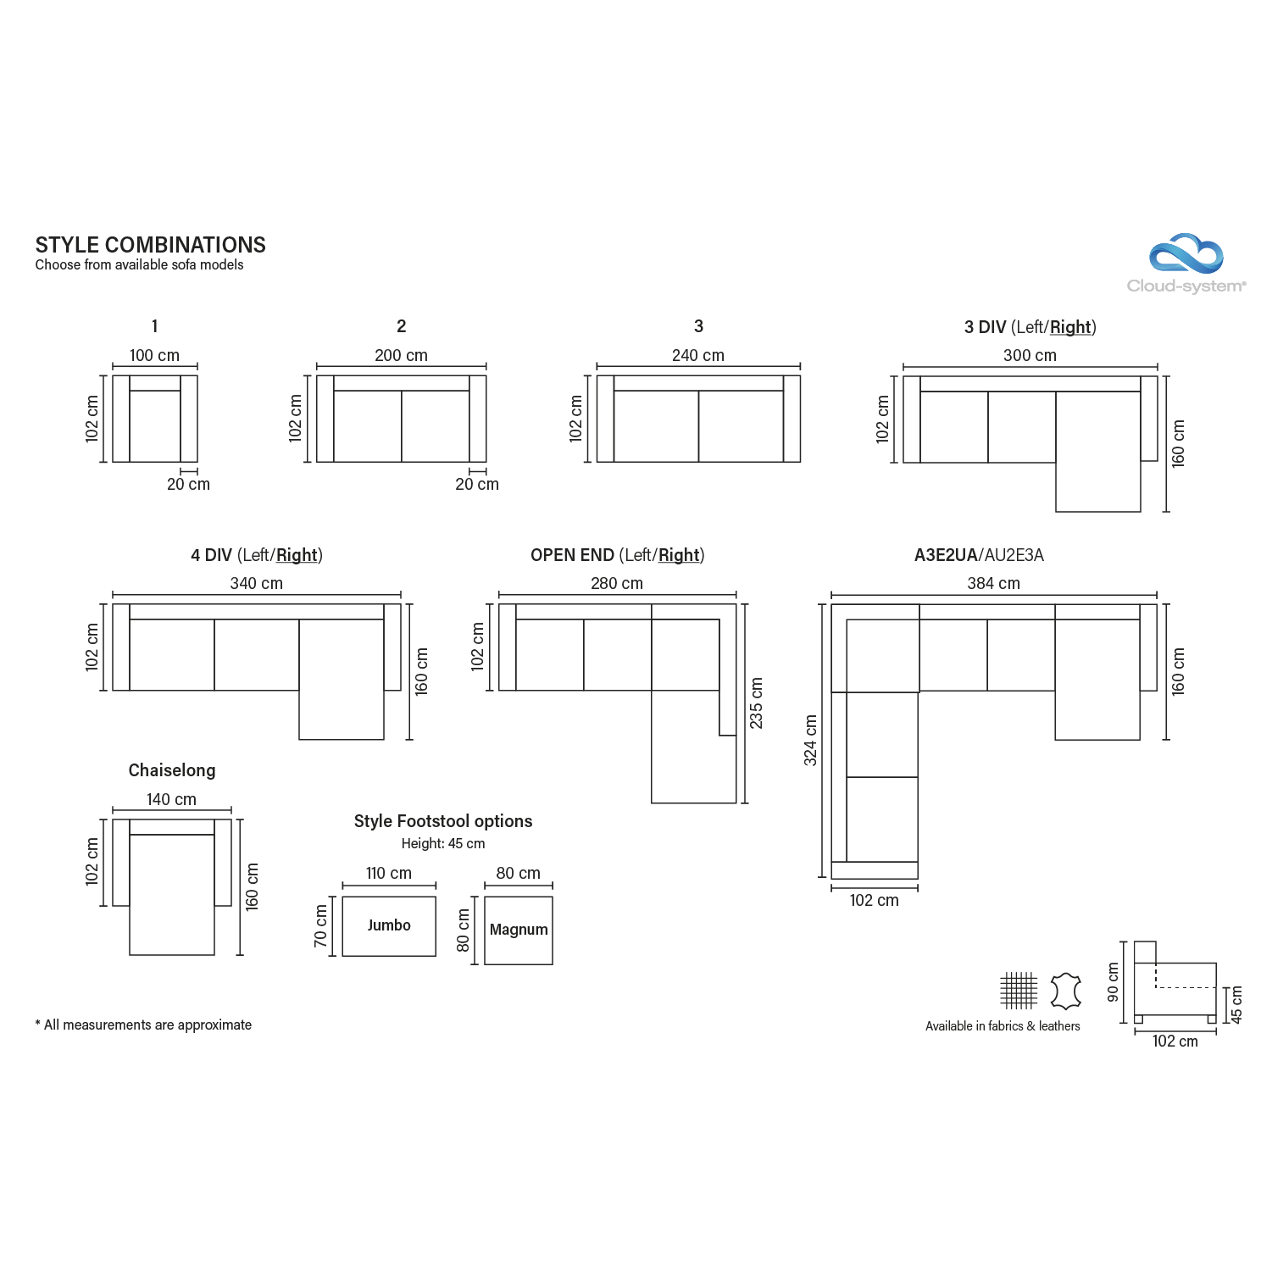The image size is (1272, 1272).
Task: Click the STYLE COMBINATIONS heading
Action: tap(151, 245)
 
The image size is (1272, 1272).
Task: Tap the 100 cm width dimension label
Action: tap(154, 356)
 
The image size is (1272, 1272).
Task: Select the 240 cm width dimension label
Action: tap(698, 356)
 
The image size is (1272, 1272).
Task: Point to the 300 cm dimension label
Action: tap(1030, 356)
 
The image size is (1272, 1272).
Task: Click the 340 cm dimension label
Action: tap(257, 584)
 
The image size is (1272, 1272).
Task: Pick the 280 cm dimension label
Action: tap(617, 584)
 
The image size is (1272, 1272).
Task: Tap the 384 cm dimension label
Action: tap(993, 584)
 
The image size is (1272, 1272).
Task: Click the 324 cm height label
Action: tap(811, 741)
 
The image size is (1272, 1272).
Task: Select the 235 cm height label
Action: tap(757, 703)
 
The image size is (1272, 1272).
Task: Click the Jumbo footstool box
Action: tap(389, 926)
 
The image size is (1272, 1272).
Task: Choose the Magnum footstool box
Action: tap(519, 930)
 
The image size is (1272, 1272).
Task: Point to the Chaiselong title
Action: tap(172, 770)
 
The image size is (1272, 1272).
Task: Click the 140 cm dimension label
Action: tap(171, 800)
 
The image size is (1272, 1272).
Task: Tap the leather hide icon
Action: tap(1065, 991)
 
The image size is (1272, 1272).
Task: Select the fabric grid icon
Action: tap(1018, 991)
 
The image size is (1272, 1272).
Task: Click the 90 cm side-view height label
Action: tap(1114, 982)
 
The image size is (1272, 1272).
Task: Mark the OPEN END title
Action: tap(572, 555)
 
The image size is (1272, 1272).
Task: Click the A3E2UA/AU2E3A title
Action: tap(979, 555)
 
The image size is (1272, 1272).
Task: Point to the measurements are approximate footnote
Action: tap(143, 1025)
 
